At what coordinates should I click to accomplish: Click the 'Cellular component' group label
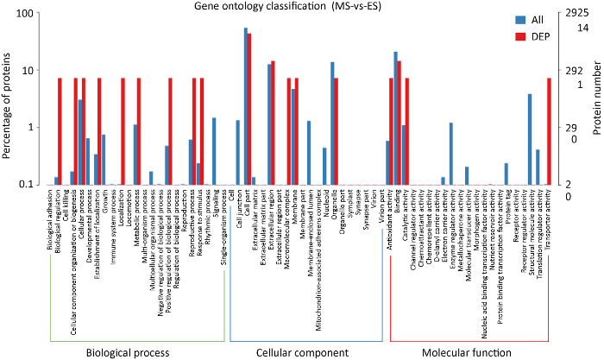[x=300, y=352]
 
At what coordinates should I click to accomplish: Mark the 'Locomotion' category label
[x=124, y=208]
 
